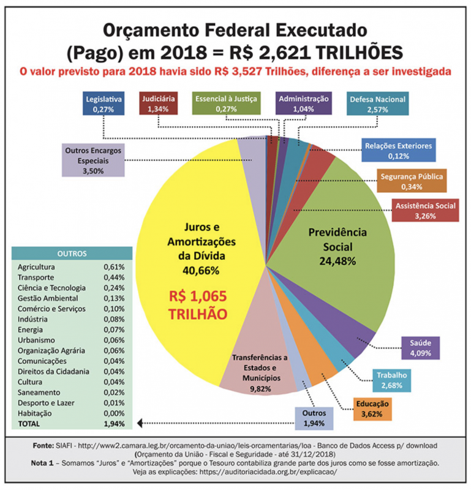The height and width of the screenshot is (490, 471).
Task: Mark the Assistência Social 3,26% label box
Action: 425,210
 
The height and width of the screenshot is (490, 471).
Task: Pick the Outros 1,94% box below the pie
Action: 314,418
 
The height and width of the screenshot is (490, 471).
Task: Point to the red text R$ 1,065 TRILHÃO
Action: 198,304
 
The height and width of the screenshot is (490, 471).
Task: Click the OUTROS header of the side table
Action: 72,253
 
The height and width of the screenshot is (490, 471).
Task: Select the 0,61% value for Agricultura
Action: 114,267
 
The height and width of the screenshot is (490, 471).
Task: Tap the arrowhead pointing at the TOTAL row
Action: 140,423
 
